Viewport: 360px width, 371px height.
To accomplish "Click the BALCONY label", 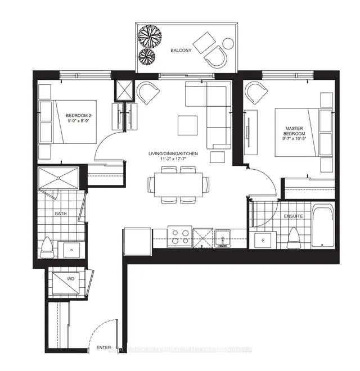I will pyautogui.click(x=181, y=51).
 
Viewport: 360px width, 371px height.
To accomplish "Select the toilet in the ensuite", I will pyautogui.click(x=294, y=238).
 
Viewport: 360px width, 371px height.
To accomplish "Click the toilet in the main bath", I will pyautogui.click(x=47, y=246).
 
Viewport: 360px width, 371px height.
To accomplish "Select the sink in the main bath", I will pyautogui.click(x=72, y=248).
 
